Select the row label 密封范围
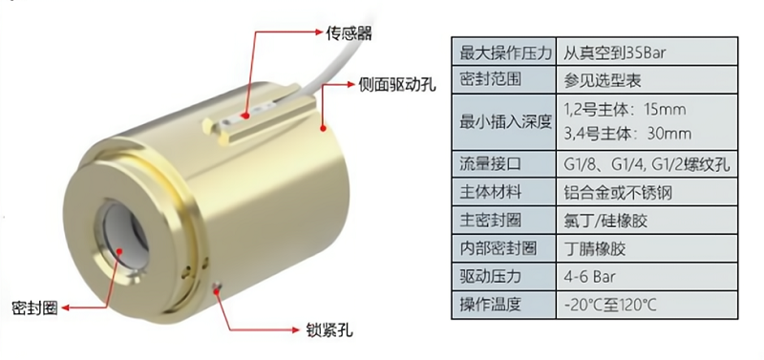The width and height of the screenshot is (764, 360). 491,79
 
